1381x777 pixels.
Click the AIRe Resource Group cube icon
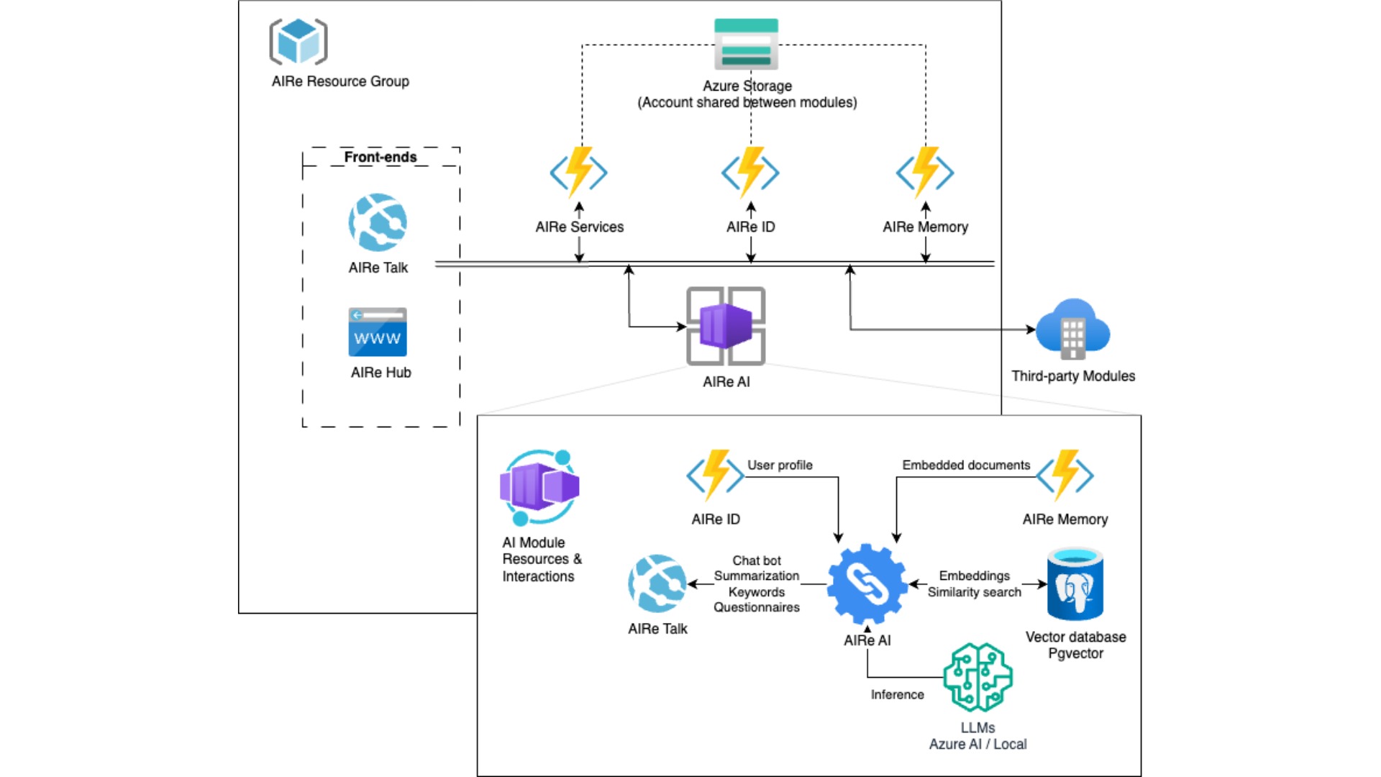click(x=298, y=42)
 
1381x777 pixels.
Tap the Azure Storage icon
click(x=746, y=44)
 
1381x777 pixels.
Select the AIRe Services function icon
click(x=578, y=172)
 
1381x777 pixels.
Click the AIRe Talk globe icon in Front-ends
click(x=378, y=222)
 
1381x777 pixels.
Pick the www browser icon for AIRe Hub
click(x=378, y=332)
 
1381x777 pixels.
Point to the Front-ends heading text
click(x=380, y=157)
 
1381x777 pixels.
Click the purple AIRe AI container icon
click(x=726, y=326)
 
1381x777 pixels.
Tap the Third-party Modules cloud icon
click(x=1072, y=329)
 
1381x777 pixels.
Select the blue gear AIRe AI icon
click(x=867, y=583)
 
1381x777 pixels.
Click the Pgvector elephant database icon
click(x=1075, y=584)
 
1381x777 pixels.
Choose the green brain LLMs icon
click(x=977, y=677)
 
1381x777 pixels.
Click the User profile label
click(x=780, y=465)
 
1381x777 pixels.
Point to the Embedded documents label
click(x=966, y=465)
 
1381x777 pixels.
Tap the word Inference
click(x=897, y=694)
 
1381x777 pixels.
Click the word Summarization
click(x=757, y=576)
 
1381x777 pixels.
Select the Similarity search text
click(x=974, y=592)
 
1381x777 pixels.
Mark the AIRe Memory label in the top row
click(x=925, y=227)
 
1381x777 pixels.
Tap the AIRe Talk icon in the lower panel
click(x=657, y=583)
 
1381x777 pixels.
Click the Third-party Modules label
click(x=1073, y=376)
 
